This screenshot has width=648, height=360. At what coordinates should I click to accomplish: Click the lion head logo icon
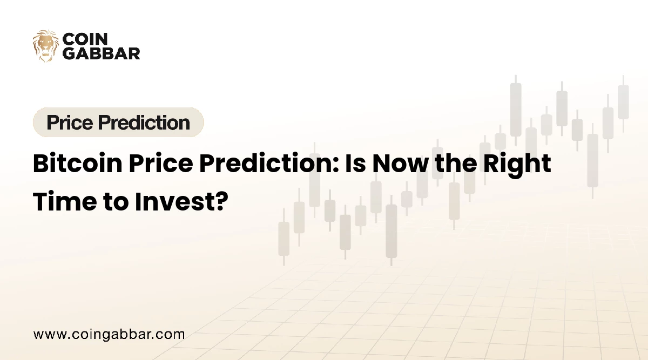[46, 46]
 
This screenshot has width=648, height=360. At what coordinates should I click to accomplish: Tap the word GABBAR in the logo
[101, 53]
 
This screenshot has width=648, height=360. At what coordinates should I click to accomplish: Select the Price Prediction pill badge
[118, 123]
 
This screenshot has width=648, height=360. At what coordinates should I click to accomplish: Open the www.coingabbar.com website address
[109, 334]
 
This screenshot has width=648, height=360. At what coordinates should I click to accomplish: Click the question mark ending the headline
[219, 201]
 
